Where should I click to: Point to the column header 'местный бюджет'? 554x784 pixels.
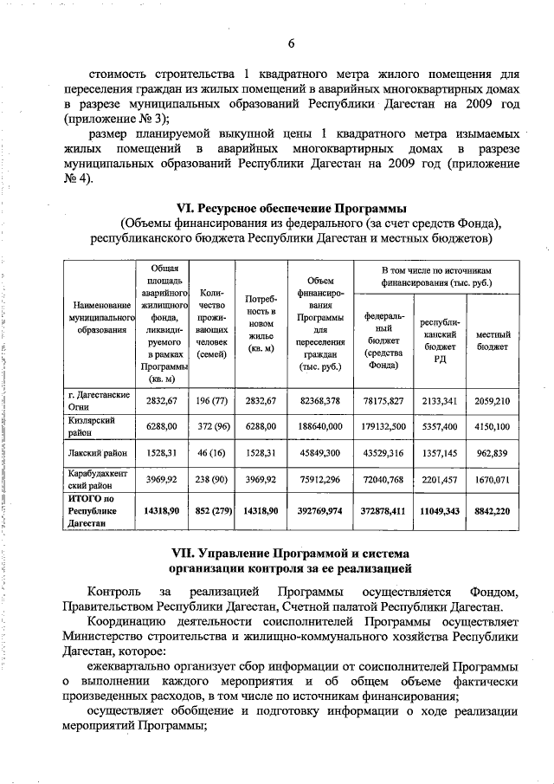coord(493,340)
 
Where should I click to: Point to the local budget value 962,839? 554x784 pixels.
coord(493,452)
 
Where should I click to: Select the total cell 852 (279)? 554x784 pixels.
coord(211,512)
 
